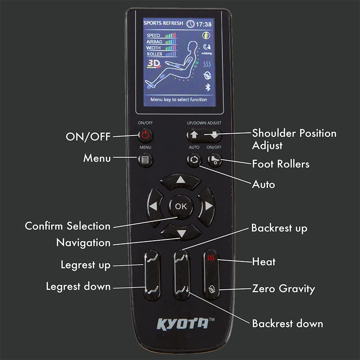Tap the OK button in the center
[x=180, y=207]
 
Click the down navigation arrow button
[x=180, y=233]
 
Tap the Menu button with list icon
[x=145, y=159]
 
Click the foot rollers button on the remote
[x=215, y=160]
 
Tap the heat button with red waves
[x=211, y=260]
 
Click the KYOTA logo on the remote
[x=182, y=323]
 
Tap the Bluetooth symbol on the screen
[x=208, y=87]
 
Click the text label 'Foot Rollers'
[x=281, y=164]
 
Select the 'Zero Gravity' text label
[x=283, y=288]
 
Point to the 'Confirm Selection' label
[x=67, y=226]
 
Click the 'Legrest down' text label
[x=78, y=286]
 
